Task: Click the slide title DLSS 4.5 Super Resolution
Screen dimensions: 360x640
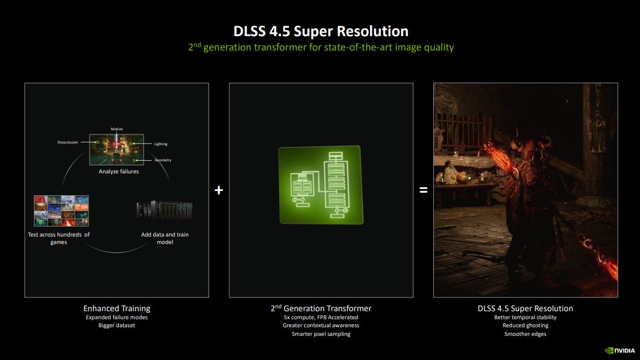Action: pos(321,30)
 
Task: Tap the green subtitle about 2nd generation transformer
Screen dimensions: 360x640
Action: pos(321,47)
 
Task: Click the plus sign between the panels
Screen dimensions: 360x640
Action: pos(218,189)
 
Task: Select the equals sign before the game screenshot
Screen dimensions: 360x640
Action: pos(423,189)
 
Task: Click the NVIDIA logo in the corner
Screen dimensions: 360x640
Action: pos(621,350)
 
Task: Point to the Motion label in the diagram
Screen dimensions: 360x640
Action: pos(117,129)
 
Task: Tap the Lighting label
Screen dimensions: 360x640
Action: pos(161,144)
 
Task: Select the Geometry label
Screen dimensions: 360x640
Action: pos(163,160)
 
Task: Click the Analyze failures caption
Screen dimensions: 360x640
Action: pos(118,171)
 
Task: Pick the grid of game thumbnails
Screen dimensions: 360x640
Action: pos(61,211)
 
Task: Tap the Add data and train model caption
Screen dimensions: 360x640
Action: pos(165,238)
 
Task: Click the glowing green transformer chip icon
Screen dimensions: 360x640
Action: pos(321,184)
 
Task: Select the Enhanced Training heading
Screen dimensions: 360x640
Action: pos(117,308)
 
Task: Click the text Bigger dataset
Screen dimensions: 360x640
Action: pos(117,326)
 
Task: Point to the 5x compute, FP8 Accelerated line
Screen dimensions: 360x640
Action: pos(321,317)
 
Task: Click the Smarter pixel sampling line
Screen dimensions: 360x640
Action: pos(321,334)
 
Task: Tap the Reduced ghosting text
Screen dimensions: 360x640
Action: pos(525,326)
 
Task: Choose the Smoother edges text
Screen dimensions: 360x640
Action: pos(525,334)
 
